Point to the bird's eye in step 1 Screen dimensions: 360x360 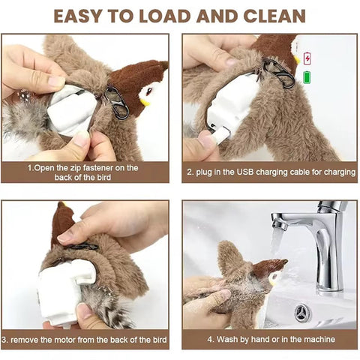tap(148, 88)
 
